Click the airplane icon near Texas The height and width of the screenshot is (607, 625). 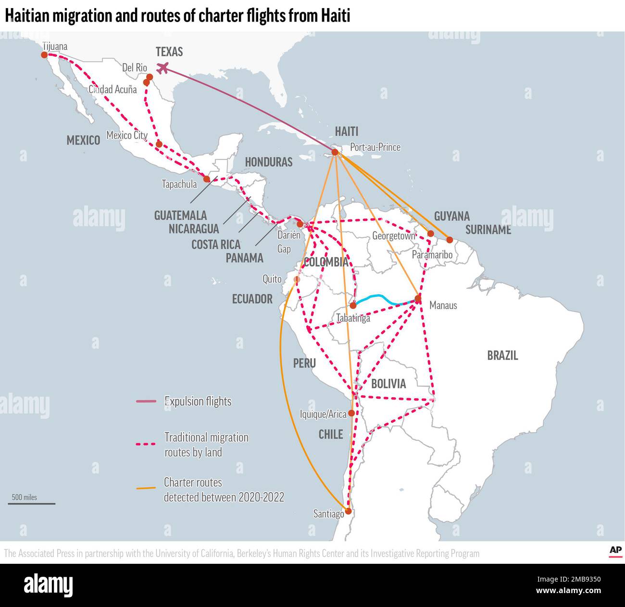(x=163, y=68)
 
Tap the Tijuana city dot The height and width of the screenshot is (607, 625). (x=44, y=55)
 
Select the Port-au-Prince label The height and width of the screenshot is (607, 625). (x=375, y=147)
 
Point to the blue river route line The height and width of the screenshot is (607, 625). (x=382, y=299)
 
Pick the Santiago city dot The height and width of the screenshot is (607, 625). (x=348, y=511)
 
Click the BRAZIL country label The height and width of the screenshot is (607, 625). (x=502, y=355)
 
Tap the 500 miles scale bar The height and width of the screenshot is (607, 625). (x=32, y=504)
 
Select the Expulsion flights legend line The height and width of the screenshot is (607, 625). (x=146, y=401)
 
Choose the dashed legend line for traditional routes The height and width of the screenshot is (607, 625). (x=146, y=444)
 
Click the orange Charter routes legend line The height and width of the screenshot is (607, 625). (x=146, y=488)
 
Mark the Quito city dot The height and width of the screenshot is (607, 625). (x=297, y=279)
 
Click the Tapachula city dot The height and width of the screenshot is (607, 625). (x=207, y=179)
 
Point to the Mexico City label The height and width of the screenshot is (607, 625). (x=127, y=135)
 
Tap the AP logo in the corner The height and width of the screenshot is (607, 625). (x=615, y=551)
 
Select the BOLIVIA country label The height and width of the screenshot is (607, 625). (x=388, y=384)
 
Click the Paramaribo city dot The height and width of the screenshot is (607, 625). (x=450, y=240)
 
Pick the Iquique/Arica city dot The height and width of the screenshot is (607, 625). (x=351, y=413)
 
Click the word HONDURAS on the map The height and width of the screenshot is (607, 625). (x=269, y=162)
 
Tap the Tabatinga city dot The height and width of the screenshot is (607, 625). (x=353, y=305)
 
